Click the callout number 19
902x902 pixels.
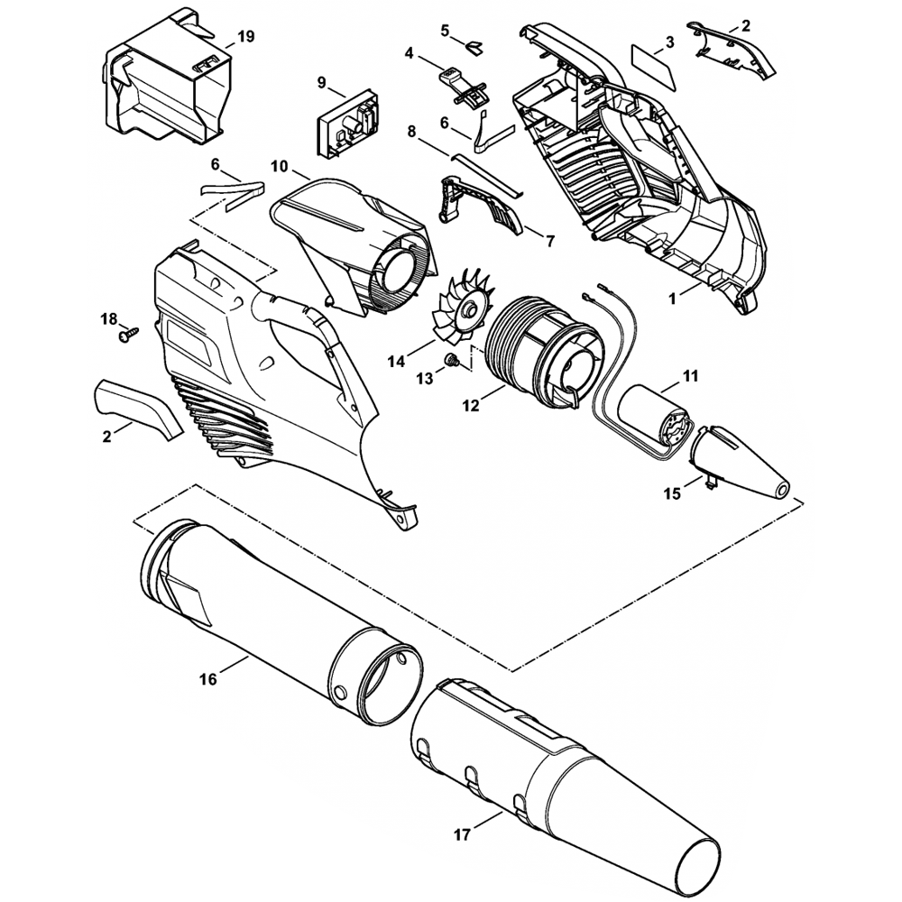click(x=245, y=37)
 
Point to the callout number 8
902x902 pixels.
click(x=411, y=132)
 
